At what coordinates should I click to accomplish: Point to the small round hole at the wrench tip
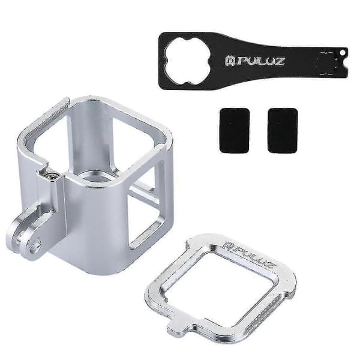pyautogui.click(x=342, y=53)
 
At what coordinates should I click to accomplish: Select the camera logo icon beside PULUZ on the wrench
pyautogui.click(x=229, y=62)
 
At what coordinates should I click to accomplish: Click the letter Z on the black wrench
pyautogui.click(x=279, y=61)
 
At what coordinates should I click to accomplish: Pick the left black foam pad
pyautogui.click(x=235, y=130)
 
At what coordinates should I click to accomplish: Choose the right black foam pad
pyautogui.click(x=283, y=130)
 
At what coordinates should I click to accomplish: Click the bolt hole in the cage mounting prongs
pyautogui.click(x=37, y=244)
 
